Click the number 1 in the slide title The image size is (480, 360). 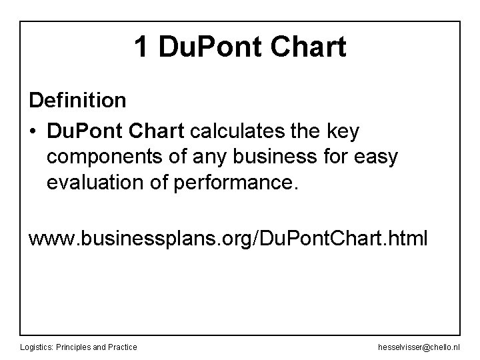pyautogui.click(x=141, y=47)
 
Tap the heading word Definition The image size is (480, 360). pyautogui.click(x=77, y=101)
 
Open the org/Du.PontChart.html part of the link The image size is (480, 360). pyautogui.click(x=326, y=238)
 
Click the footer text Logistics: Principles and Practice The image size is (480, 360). pyautogui.click(x=79, y=347)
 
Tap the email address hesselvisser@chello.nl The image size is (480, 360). pyautogui.click(x=417, y=347)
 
